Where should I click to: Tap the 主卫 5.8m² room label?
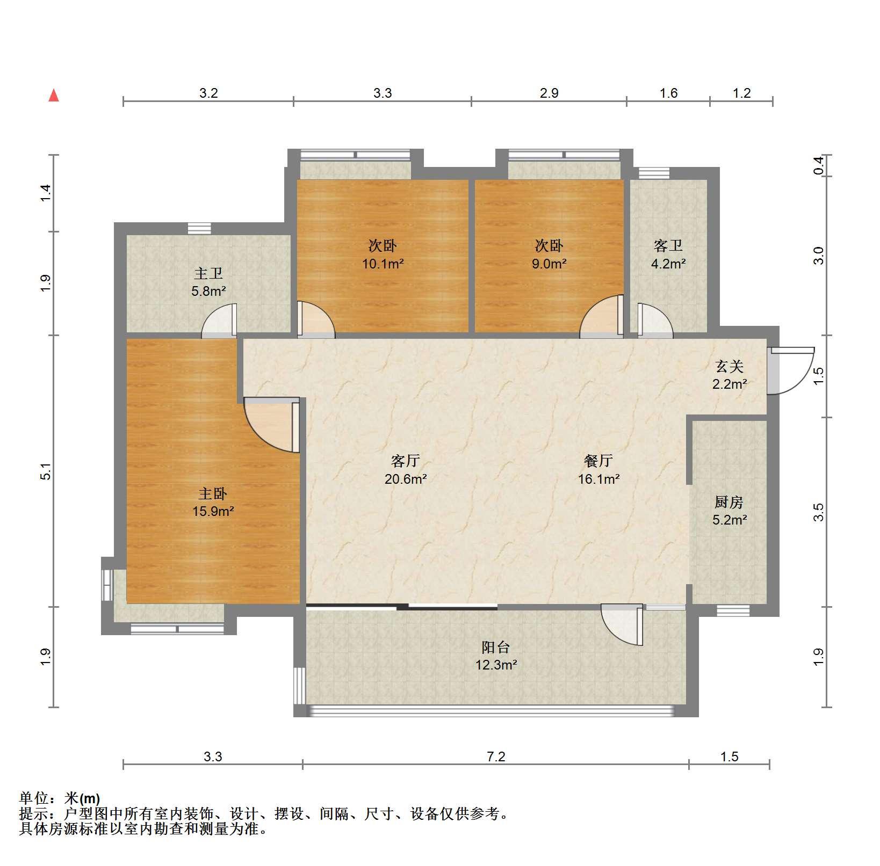click(208, 282)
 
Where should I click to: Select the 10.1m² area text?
click(383, 264)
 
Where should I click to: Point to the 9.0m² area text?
click(549, 264)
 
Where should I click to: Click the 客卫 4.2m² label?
click(668, 254)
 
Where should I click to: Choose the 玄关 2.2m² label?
click(730, 375)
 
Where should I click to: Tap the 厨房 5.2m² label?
click(730, 511)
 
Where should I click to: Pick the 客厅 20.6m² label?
click(406, 470)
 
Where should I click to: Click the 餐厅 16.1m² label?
click(598, 470)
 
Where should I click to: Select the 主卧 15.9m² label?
click(213, 502)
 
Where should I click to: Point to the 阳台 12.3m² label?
click(496, 656)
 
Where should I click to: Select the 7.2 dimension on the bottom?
click(496, 756)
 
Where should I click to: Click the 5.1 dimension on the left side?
click(46, 471)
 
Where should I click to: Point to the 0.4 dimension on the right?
click(818, 165)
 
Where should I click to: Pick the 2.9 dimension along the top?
click(549, 93)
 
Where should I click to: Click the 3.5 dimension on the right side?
click(818, 512)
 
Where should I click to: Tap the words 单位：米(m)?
click(60, 798)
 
